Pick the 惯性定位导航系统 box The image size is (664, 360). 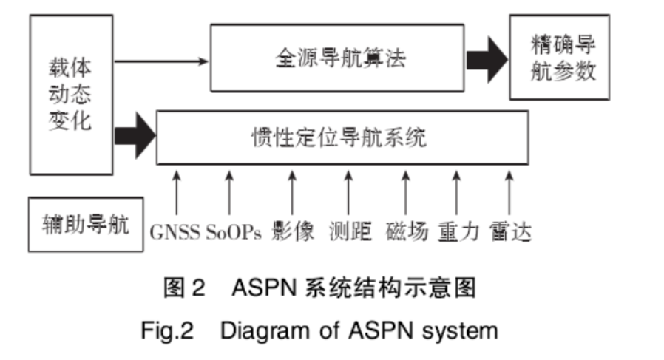pos(341,137)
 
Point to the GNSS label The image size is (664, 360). pos(175,232)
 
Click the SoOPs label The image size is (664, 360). pos(233,232)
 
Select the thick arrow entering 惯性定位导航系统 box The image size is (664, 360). pos(136,134)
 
